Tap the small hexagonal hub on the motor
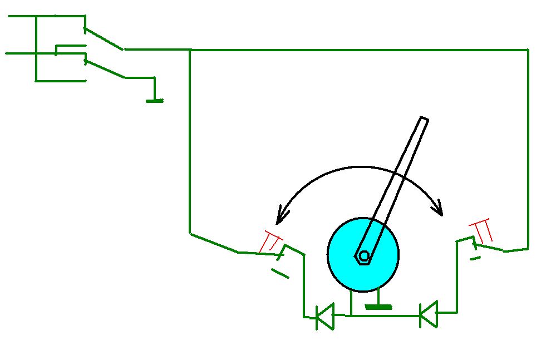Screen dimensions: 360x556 coord(363,256)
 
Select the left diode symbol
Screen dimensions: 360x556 coord(324,317)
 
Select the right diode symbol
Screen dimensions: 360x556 coord(428,314)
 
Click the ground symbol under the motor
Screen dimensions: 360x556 coord(378,305)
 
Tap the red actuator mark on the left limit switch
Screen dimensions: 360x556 coord(270,241)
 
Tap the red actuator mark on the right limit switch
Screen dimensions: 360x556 coord(482,230)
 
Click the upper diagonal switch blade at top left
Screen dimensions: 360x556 coord(104,39)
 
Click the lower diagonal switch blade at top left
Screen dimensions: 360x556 coord(105,69)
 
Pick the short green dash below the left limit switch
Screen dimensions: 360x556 coord(280,273)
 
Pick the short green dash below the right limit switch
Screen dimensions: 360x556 coord(475,258)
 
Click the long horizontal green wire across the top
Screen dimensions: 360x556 coord(356,50)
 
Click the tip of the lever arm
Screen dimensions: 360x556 coord(424,119)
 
